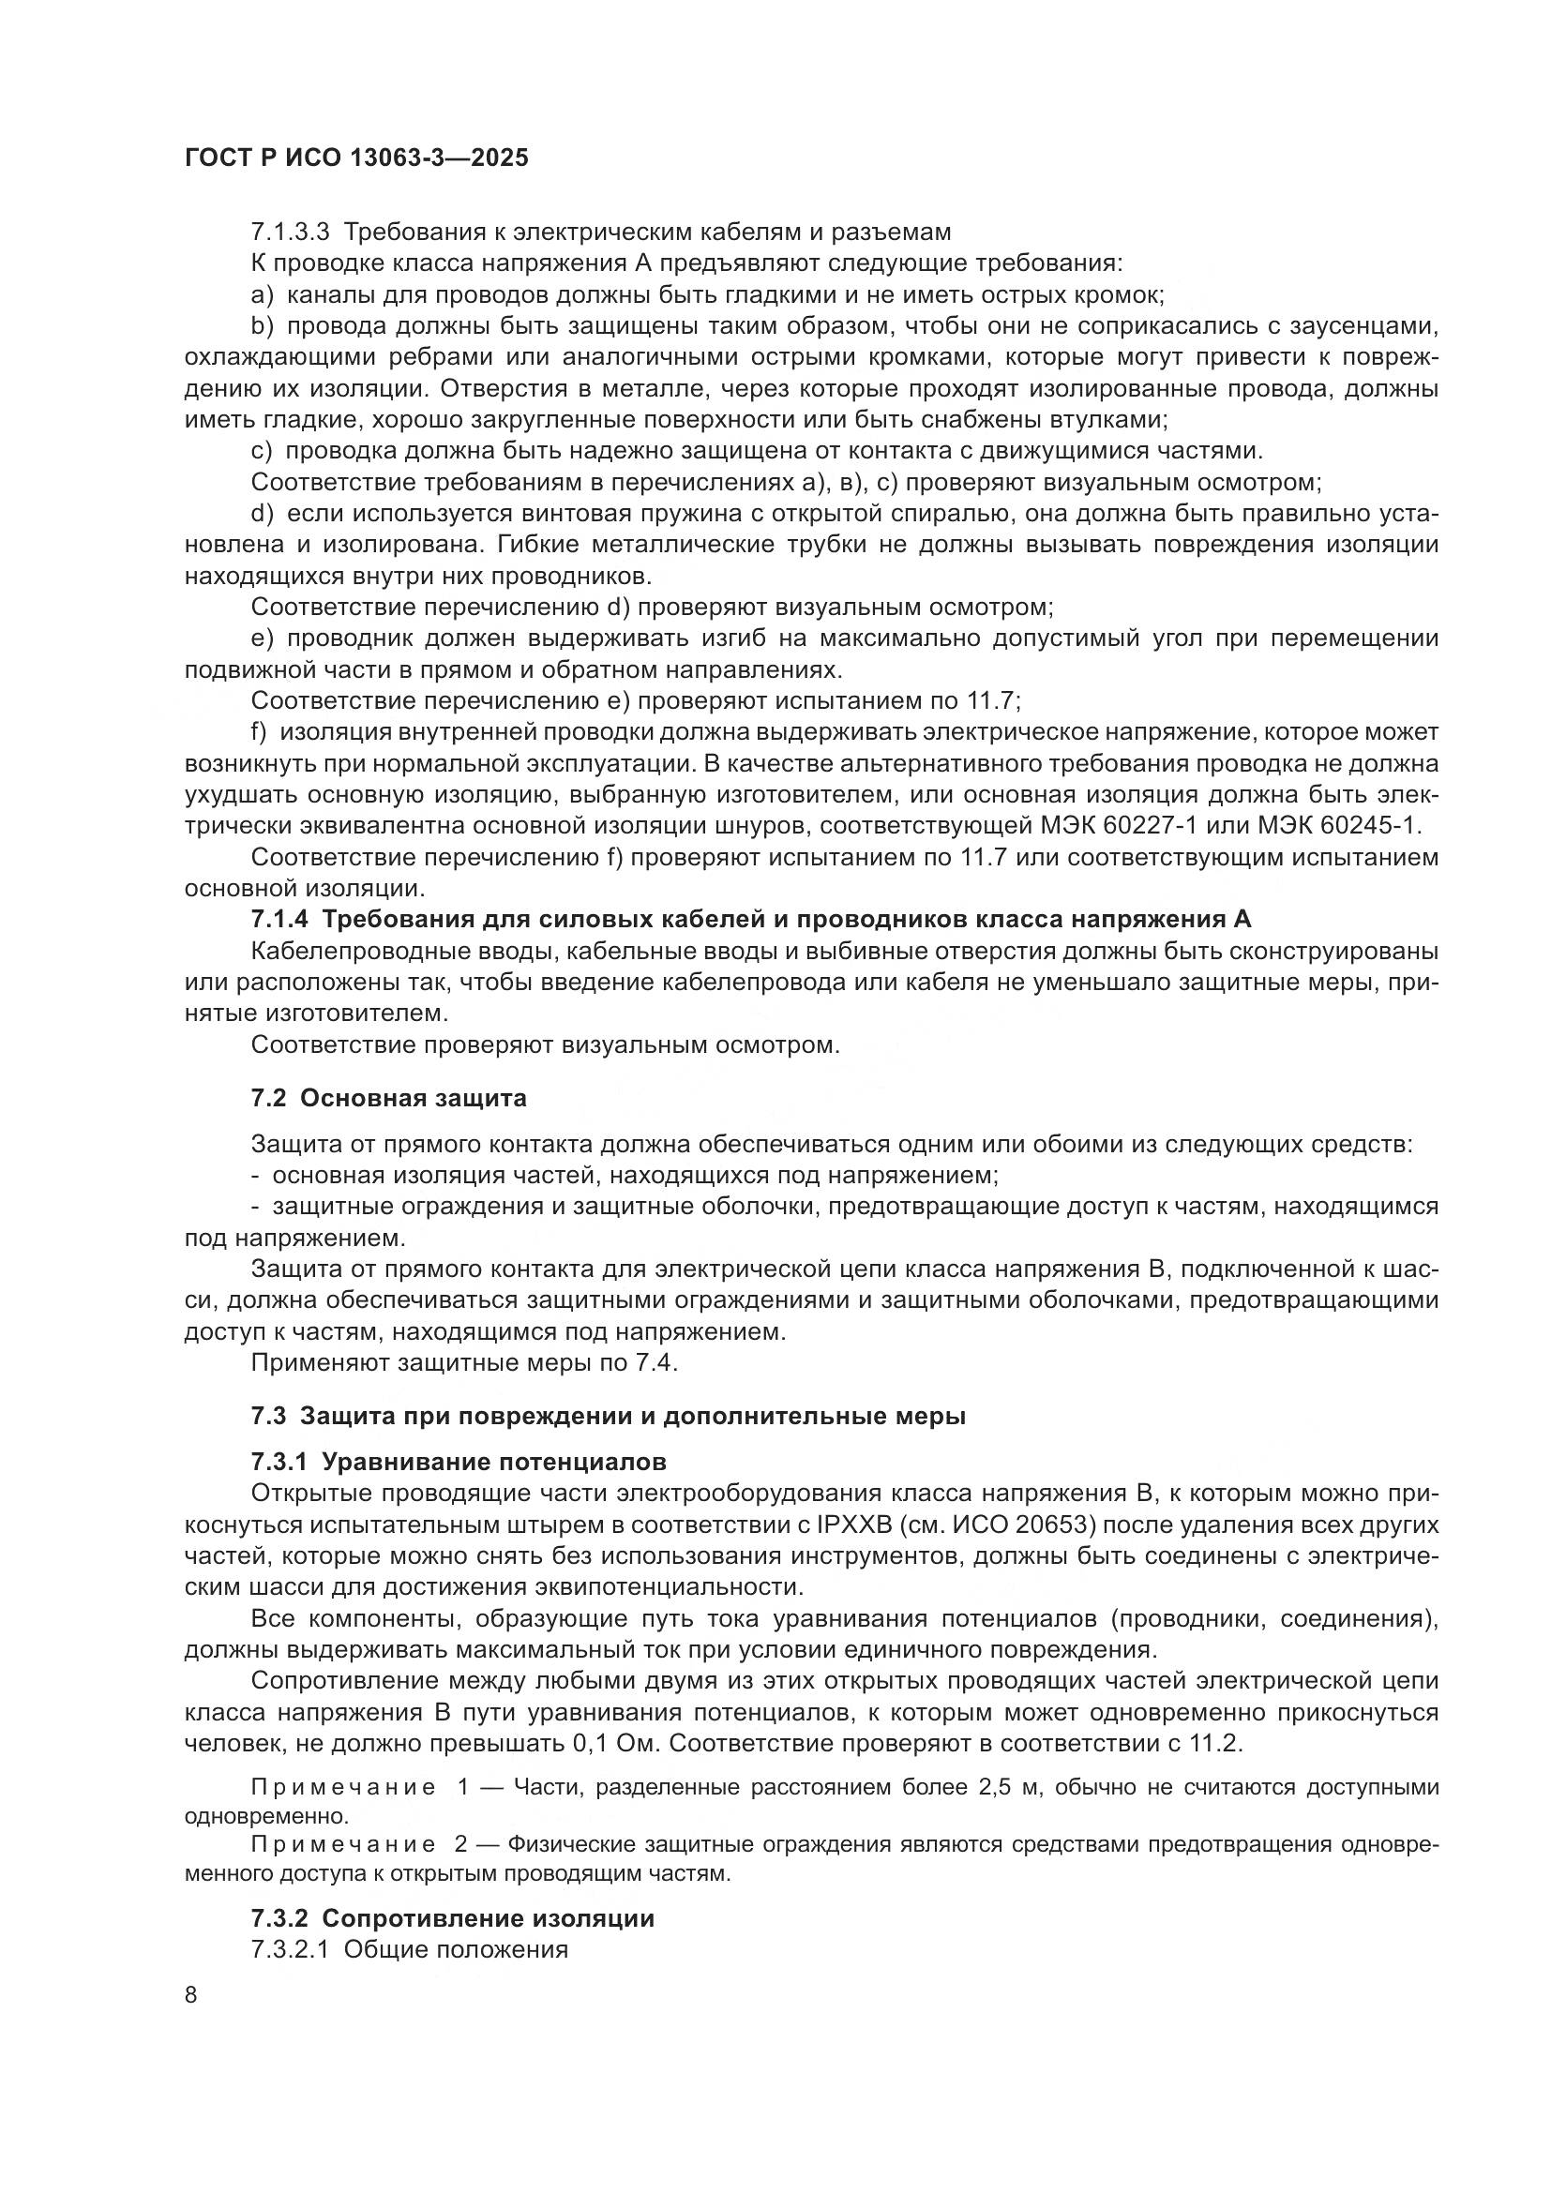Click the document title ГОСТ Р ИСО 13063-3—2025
[356, 158]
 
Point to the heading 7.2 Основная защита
[389, 1099]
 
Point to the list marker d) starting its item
[263, 514]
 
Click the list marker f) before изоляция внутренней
[259, 732]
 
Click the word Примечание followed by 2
[344, 1844]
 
